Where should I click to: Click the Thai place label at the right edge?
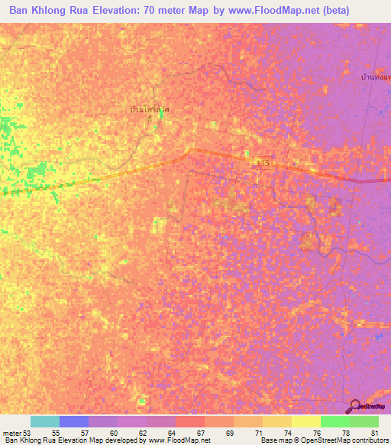pyautogui.click(x=376, y=78)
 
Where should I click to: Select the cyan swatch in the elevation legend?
pyautogui.click(x=45, y=421)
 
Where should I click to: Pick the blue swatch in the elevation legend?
pyautogui.click(x=74, y=421)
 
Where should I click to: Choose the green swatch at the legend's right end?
pyautogui.click(x=364, y=421)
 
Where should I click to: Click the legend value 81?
pyautogui.click(x=374, y=433)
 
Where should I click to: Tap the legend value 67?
pyautogui.click(x=201, y=433)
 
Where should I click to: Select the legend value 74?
pyautogui.click(x=286, y=433)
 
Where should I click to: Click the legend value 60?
pyautogui.click(x=113, y=433)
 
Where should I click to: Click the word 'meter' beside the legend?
pyautogui.click(x=11, y=433)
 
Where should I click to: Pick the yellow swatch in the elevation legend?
pyautogui.click(x=305, y=421)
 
